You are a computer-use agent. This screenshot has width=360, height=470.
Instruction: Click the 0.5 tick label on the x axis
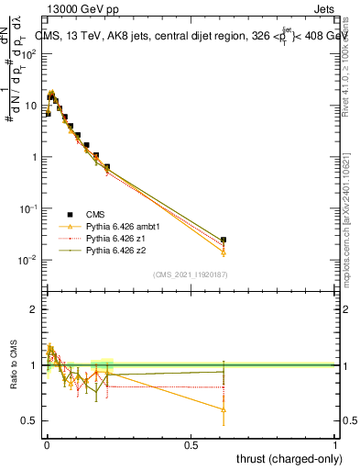(x=191, y=446)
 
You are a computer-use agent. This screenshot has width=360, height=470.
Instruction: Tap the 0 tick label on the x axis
(x=46, y=446)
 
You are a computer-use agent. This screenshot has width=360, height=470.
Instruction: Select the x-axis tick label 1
(x=335, y=446)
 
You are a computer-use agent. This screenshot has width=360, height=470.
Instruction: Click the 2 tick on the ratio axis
(x=34, y=309)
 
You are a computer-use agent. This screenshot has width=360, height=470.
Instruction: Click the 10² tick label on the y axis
(x=29, y=53)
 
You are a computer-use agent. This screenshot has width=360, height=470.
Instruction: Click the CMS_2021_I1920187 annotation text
(x=190, y=274)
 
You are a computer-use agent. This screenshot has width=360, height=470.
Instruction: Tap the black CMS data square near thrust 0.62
(x=224, y=240)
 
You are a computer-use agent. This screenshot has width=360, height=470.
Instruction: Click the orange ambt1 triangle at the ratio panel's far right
(x=224, y=409)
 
